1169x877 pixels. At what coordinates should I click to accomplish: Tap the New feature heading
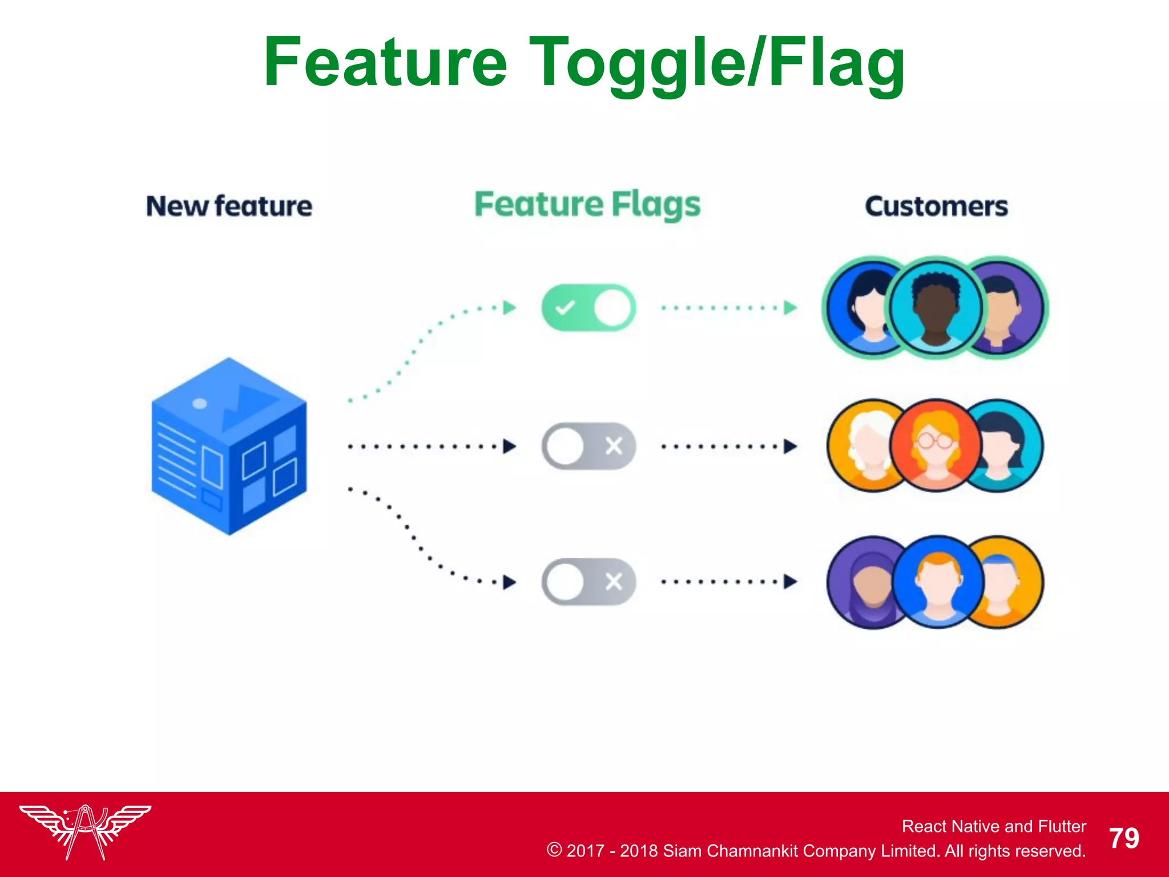coord(229,206)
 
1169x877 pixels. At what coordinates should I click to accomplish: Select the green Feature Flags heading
coord(587,205)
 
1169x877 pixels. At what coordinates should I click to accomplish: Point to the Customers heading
coord(936,206)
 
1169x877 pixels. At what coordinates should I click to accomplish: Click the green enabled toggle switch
coord(588,308)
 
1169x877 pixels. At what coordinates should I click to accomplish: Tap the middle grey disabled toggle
coord(588,446)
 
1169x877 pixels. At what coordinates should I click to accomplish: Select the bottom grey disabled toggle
coord(588,582)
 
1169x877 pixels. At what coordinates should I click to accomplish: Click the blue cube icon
coord(229,446)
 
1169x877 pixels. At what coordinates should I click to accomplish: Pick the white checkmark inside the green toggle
coord(565,308)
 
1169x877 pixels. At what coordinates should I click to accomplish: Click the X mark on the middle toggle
coord(614,446)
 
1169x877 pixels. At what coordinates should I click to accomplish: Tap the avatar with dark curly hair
coord(936,308)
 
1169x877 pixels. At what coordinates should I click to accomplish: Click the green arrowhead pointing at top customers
coord(790,308)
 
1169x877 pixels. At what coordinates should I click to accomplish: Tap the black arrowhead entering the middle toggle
coord(509,446)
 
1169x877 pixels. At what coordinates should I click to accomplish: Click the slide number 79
coord(1124,838)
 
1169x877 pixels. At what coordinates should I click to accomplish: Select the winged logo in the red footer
coord(85,831)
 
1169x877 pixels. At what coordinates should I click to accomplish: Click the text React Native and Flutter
coord(993,826)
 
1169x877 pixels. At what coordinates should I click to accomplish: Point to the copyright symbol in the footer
coord(554,850)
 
